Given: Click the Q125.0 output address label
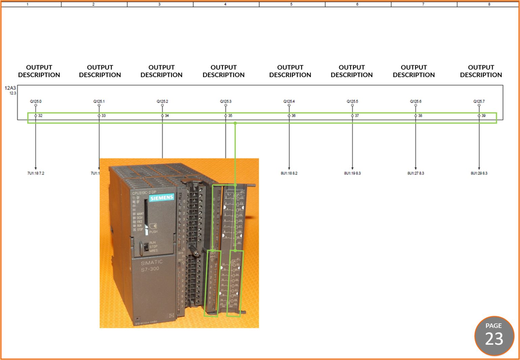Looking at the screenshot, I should coord(36,101).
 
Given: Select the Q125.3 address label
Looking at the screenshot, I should coord(225,101).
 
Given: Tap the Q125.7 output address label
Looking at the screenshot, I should coord(479,101).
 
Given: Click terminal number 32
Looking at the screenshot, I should coord(40,116).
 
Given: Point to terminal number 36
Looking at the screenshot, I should coord(294,116).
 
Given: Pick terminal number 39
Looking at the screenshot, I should coord(483,116).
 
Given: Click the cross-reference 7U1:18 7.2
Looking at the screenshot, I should coord(36,173).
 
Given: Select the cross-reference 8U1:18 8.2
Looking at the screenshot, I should coord(289,173).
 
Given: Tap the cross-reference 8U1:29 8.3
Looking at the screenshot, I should coord(479,173).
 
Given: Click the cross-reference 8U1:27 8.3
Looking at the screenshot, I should coord(415,173).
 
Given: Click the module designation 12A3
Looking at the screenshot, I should coord(10,88).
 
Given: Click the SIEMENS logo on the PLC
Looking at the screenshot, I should coord(162,198).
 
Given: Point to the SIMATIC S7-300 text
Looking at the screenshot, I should coord(151,266).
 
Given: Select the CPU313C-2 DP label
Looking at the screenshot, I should coord(144,193).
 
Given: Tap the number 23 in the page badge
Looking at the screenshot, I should coord(494,339).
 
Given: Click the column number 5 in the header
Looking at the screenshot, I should coord(291,4).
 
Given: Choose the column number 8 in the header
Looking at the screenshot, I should coord(489,4).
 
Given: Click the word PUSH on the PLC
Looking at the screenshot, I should coord(153,232).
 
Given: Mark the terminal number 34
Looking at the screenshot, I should coord(167,116).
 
